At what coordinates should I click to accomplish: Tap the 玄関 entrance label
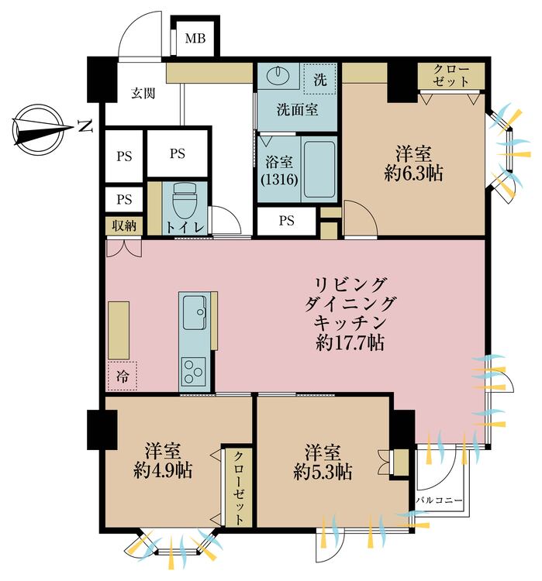pyautogui.click(x=143, y=94)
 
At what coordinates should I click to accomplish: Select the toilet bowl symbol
pyautogui.click(x=184, y=202)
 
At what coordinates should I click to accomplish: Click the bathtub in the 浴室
pyautogui.click(x=318, y=168)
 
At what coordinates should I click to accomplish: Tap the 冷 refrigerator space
pyautogui.click(x=123, y=376)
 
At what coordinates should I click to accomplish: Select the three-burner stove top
pyautogui.click(x=193, y=370)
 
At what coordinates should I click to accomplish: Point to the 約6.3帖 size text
pyautogui.click(x=413, y=174)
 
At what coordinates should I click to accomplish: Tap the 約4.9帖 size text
pyautogui.click(x=163, y=470)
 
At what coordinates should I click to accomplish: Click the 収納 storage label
pyautogui.click(x=123, y=226)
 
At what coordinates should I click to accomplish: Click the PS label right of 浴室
pyautogui.click(x=287, y=221)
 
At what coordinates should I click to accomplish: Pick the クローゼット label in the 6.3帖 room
pyautogui.click(x=451, y=74)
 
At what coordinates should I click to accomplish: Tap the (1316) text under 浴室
pyautogui.click(x=276, y=180)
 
